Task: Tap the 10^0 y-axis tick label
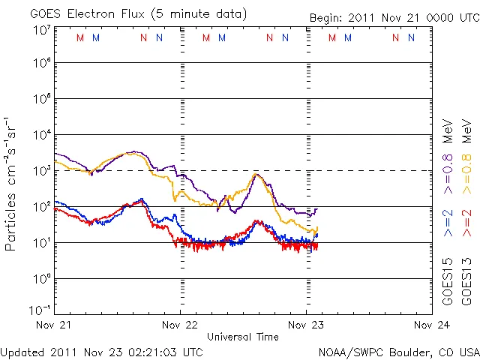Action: (40, 278)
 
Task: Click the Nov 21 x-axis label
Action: (55, 325)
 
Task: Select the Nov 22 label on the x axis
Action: (180, 325)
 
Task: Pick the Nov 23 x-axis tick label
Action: (306, 325)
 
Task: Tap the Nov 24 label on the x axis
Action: (431, 325)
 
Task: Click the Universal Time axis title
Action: (242, 337)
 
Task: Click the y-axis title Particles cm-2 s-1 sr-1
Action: (12, 183)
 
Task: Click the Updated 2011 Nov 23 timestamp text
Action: (101, 351)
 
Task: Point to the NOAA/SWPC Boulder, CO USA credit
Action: (397, 351)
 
